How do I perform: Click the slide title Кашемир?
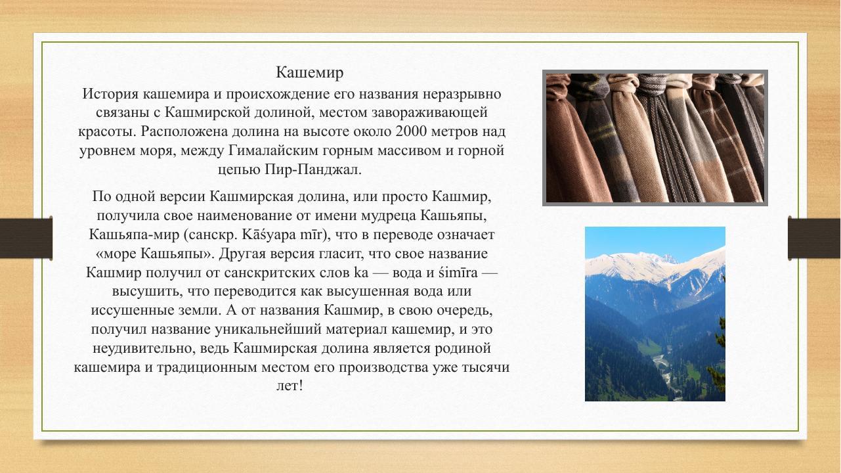click(310, 72)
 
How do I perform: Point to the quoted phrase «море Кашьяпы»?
click(154, 254)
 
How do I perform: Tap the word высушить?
click(145, 291)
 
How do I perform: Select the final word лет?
click(291, 386)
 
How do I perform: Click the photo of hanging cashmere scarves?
click(655, 138)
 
